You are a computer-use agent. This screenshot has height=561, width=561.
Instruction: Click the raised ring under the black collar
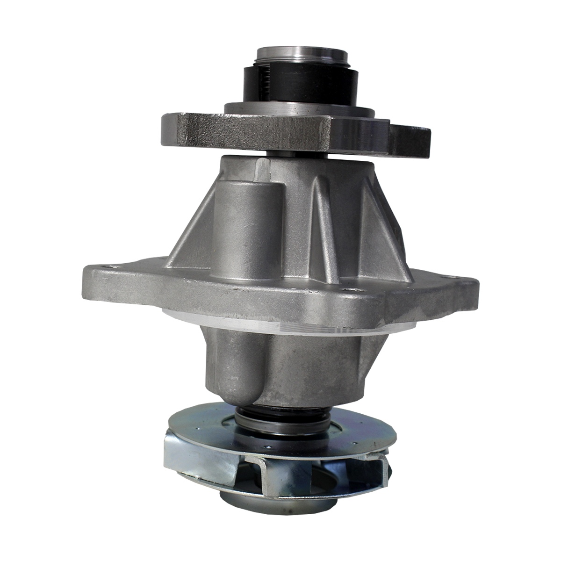pyautogui.click(x=299, y=109)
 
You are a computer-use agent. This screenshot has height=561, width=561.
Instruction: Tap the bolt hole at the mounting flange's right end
pyautogui.click(x=463, y=281)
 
